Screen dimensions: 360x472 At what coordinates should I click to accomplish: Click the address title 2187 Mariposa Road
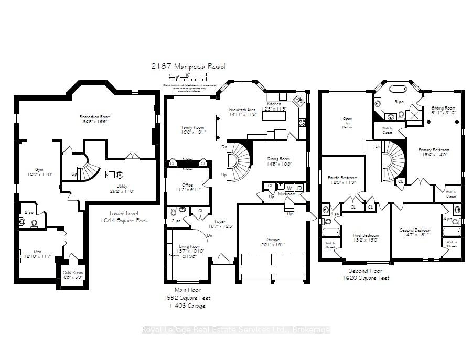(188, 67)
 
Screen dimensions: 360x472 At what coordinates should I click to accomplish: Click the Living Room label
(187, 248)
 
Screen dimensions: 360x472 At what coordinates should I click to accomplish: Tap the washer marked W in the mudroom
(289, 188)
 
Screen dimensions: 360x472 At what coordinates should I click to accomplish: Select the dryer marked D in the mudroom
(299, 188)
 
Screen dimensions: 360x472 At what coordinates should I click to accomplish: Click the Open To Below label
(347, 123)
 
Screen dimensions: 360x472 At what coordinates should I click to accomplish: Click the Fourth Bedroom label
(342, 180)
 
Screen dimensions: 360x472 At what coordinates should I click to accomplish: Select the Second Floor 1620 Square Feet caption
(369, 275)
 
